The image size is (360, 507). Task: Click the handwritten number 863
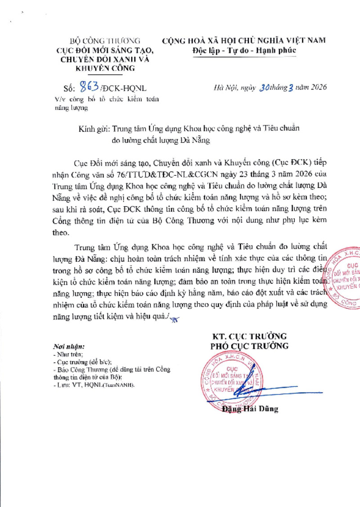pos(88,86)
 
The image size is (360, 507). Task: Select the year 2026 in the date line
pos(317,87)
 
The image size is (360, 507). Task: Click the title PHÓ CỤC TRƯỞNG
pos(249,346)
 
